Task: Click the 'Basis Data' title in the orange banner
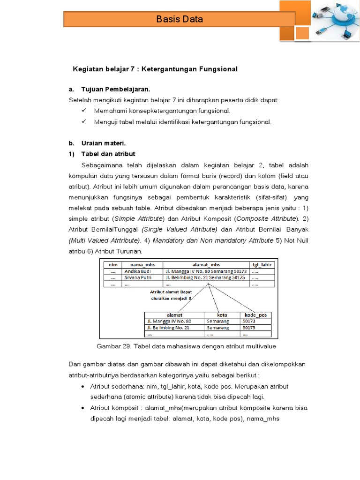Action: tap(180, 19)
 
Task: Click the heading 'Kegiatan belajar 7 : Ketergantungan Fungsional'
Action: tap(155, 69)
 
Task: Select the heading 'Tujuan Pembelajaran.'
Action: tap(116, 89)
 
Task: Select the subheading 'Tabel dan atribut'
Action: tap(108, 154)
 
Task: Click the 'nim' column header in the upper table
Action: tap(112, 264)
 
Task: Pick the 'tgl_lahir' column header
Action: tap(262, 264)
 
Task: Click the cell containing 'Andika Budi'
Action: tap(137, 271)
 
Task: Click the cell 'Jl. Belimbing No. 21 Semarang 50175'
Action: tap(205, 277)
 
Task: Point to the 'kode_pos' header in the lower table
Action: tap(255, 315)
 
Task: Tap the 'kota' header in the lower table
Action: tap(222, 315)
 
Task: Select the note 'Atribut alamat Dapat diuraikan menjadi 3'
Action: tap(164, 293)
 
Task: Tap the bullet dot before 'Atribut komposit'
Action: tap(82, 408)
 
